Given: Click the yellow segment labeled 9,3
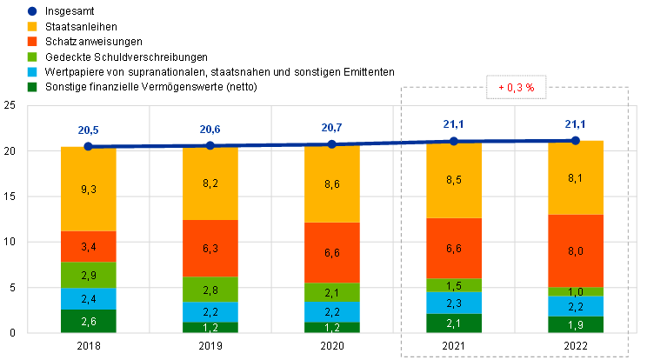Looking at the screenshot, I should (88, 189).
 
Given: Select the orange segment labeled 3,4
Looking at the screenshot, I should (88, 246).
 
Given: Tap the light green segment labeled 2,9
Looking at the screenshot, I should (88, 275).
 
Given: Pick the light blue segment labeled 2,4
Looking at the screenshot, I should (88, 298).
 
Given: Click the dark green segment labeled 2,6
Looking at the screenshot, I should (88, 321).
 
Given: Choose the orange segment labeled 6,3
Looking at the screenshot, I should (210, 248).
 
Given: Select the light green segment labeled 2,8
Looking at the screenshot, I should (210, 290).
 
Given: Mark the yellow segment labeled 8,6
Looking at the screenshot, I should (331, 184).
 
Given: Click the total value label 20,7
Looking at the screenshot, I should (331, 128).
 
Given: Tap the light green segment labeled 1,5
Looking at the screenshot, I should (453, 285).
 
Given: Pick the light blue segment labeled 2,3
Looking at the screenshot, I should (453, 303).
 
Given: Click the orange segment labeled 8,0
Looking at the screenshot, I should (575, 250).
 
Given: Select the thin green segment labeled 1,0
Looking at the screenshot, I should (575, 291).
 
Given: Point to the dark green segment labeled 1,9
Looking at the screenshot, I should (575, 323).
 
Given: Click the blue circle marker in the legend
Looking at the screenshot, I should (32, 11).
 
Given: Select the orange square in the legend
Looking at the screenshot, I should (32, 41).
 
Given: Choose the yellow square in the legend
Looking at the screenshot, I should (32, 26).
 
